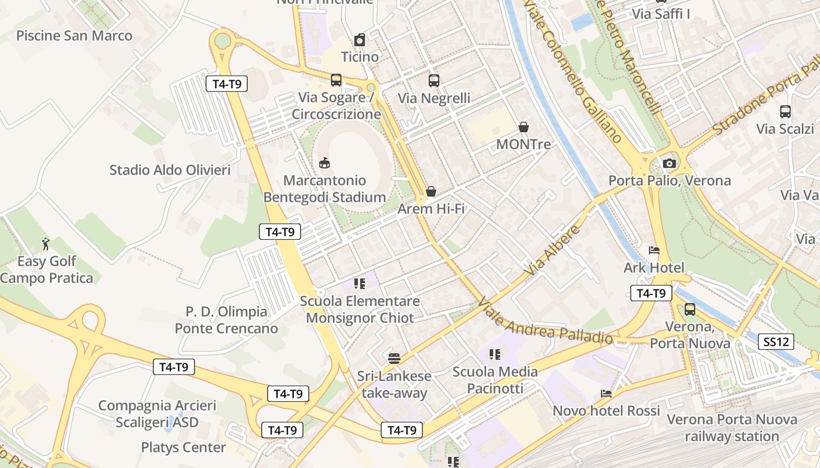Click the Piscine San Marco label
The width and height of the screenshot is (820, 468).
pos(74,36)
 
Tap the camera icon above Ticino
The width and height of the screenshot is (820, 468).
pos(360,40)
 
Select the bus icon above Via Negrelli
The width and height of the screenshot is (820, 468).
pos(433,81)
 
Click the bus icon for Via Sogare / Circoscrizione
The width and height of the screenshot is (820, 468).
pos(336,80)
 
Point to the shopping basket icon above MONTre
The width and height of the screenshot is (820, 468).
pos(524,127)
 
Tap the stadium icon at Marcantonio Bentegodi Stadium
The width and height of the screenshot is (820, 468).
pos(324,163)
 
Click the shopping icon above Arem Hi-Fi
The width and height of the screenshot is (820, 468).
pos(431,191)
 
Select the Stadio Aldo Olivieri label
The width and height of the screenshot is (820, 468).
pos(170,170)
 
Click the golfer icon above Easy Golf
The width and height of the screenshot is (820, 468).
pos(46,243)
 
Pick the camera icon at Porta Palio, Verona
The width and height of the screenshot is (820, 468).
pos(669,163)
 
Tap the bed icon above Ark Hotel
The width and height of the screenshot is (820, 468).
pos(654,250)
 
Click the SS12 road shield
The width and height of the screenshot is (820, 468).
pos(776,342)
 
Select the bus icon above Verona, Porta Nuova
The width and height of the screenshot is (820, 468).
pos(690,309)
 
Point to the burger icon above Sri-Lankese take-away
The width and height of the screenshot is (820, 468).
pos(394,358)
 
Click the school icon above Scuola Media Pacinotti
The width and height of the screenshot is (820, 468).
pos(495,354)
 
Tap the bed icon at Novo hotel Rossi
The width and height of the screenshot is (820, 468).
pos(606,394)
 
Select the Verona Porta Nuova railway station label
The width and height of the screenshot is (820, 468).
pos(732,428)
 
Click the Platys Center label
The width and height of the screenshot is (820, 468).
pos(183,448)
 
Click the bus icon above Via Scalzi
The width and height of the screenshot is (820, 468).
pos(785,112)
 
